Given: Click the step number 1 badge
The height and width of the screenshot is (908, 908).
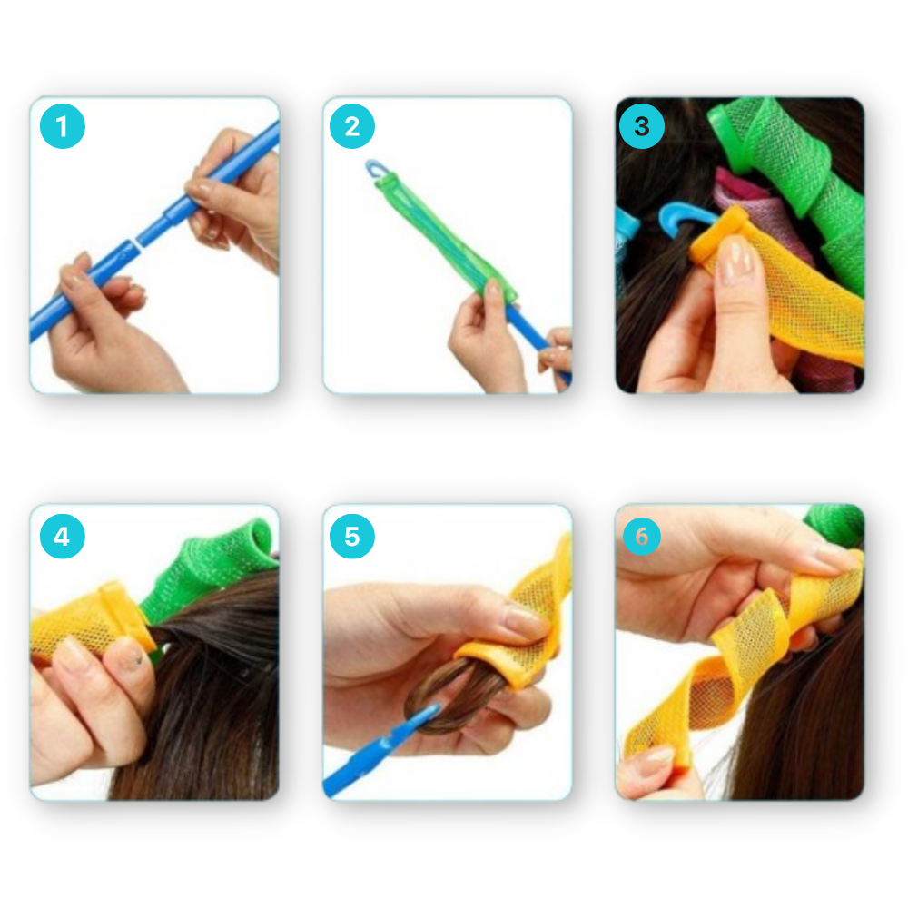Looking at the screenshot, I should point(62,127).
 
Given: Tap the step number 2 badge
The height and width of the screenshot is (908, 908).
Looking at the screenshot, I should point(352,127).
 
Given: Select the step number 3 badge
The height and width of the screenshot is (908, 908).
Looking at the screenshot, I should point(642,127).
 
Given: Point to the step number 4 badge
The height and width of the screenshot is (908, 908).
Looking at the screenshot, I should point(62,537).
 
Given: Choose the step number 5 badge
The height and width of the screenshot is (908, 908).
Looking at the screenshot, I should point(352,537).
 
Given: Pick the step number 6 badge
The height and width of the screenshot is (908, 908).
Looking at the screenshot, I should point(642,537).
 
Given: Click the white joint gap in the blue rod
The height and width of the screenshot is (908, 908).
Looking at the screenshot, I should point(134,242).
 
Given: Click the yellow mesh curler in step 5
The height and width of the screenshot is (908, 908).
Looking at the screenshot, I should point(527,627).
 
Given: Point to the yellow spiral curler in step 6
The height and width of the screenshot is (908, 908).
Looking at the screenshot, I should point(735,654).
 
